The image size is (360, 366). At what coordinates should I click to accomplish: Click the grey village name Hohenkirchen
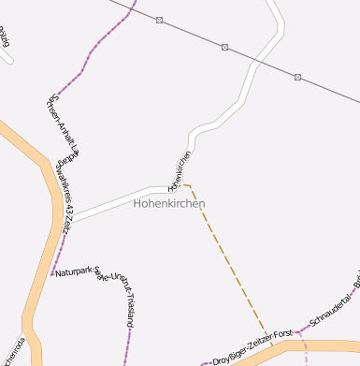(x=168, y=203)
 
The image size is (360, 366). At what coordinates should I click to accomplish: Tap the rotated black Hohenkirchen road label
(x=180, y=168)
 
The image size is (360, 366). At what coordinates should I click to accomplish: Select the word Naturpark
(x=74, y=272)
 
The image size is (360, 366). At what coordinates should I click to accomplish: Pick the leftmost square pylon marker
(x=159, y=20)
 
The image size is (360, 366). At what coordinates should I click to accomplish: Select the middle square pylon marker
(x=224, y=46)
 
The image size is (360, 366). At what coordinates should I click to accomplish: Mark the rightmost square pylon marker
(x=297, y=77)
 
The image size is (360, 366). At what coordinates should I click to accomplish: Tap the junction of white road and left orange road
(x=68, y=221)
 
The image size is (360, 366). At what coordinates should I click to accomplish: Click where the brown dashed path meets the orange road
(x=272, y=345)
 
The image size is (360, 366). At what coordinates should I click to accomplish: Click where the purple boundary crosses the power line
(x=132, y=9)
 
